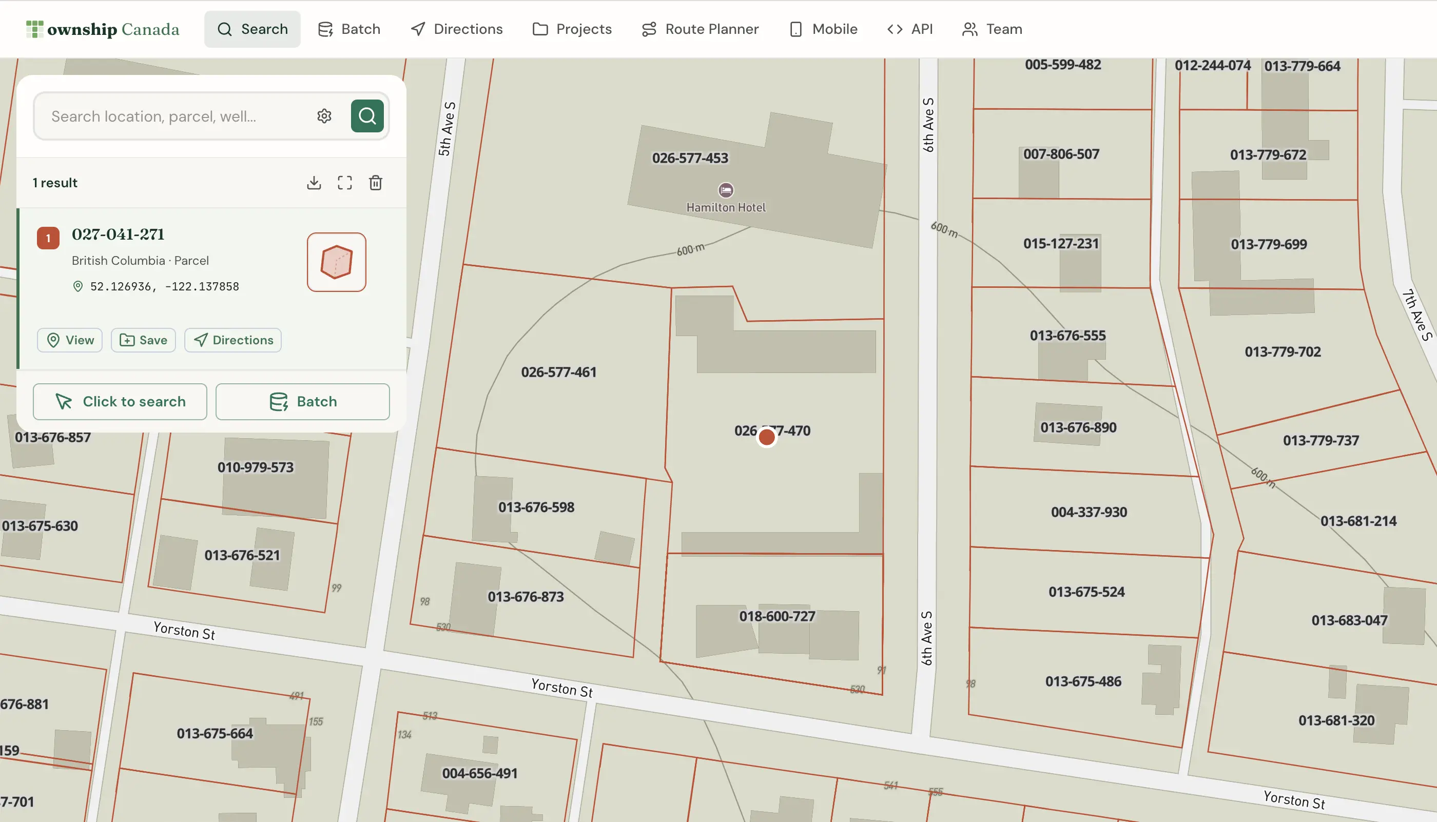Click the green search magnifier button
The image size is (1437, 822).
[367, 116]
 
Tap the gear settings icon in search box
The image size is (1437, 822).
[324, 116]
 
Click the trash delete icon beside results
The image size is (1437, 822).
[376, 182]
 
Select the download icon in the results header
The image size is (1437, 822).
[314, 182]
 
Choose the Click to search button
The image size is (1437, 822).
[120, 401]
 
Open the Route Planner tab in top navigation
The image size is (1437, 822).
[700, 29]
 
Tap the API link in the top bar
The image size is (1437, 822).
[910, 29]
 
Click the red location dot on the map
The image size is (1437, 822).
[766, 437]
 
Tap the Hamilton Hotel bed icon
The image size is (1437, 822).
[726, 190]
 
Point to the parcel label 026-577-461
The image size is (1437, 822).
[558, 372]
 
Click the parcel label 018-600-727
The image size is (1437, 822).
[777, 616]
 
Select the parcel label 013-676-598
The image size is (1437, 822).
[536, 507]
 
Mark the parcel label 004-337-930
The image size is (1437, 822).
[1089, 512]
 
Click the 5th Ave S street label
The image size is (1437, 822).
[446, 129]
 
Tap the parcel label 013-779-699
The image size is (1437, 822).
[1268, 244]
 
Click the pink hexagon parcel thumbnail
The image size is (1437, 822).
[337, 262]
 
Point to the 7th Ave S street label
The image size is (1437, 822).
[1416, 315]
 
